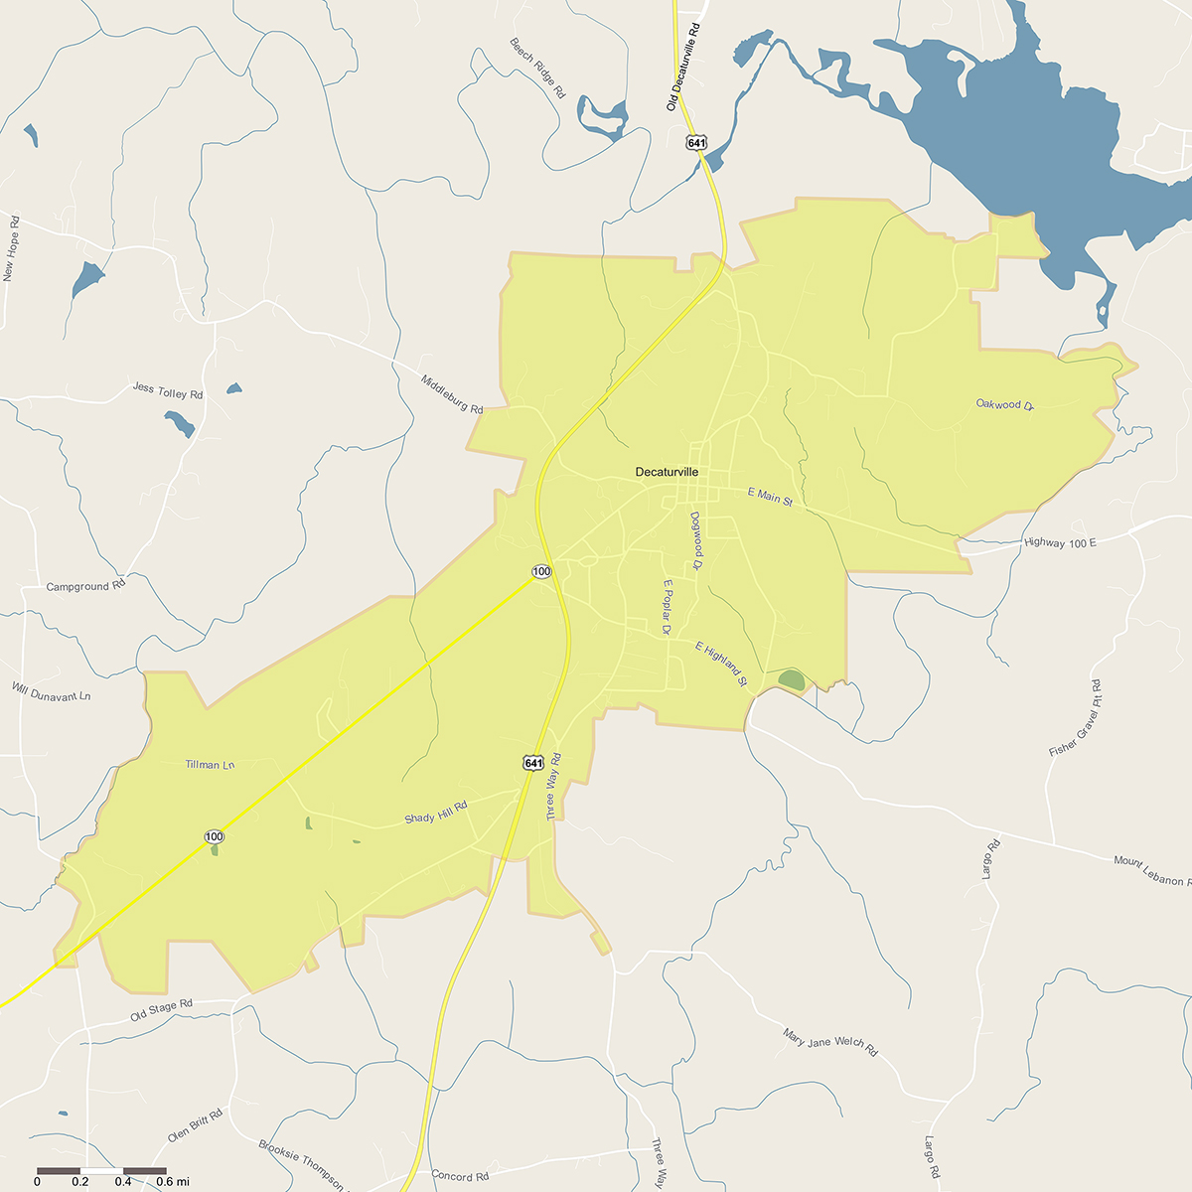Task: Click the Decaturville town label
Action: [x=667, y=473]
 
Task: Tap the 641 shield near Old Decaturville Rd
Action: [x=696, y=143]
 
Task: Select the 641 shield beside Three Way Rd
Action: [x=533, y=763]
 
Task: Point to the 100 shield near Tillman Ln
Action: [x=215, y=836]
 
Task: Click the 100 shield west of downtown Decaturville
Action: [x=541, y=572]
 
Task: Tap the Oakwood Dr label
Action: [x=1005, y=404]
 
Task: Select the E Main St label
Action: [x=770, y=497]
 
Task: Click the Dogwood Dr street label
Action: [x=696, y=540]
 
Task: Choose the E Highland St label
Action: [x=720, y=665]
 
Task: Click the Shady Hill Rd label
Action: [x=435, y=813]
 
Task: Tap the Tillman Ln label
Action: [x=210, y=765]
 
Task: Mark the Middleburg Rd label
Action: [x=452, y=394]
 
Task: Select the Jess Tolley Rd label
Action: [x=168, y=391]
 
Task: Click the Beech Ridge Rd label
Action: [x=537, y=68]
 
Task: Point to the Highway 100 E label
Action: [x=1060, y=543]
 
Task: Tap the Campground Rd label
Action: [x=86, y=586]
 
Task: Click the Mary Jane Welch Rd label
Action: [x=830, y=1042]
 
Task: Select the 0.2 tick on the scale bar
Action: [x=80, y=1181]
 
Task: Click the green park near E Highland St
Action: [x=792, y=680]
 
